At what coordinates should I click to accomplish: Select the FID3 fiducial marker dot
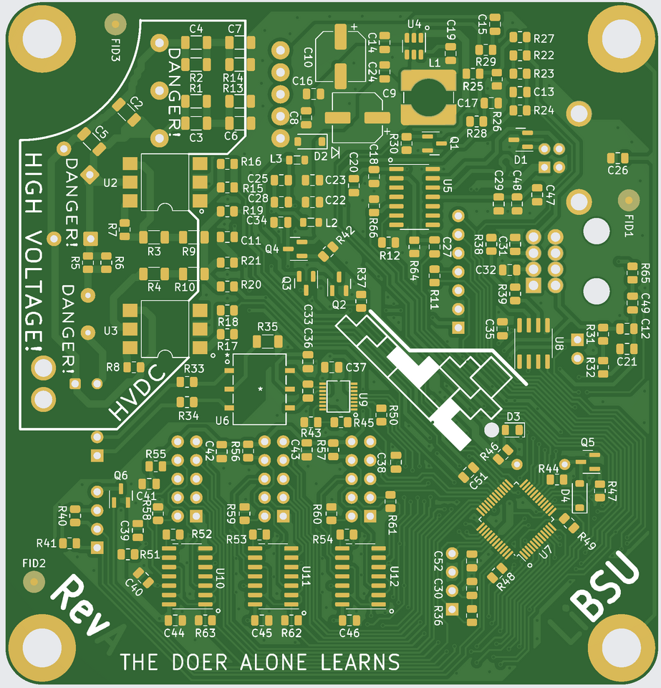point(115,25)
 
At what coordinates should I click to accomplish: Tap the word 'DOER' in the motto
point(203,661)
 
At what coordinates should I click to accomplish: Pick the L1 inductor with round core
point(428,96)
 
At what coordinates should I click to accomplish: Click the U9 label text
point(363,399)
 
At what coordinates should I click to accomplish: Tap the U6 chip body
point(259,388)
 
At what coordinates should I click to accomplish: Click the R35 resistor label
point(267,327)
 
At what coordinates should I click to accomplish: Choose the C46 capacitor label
point(349,633)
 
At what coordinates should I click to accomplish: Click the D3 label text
point(513,416)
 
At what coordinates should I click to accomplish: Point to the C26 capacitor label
point(617,171)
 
